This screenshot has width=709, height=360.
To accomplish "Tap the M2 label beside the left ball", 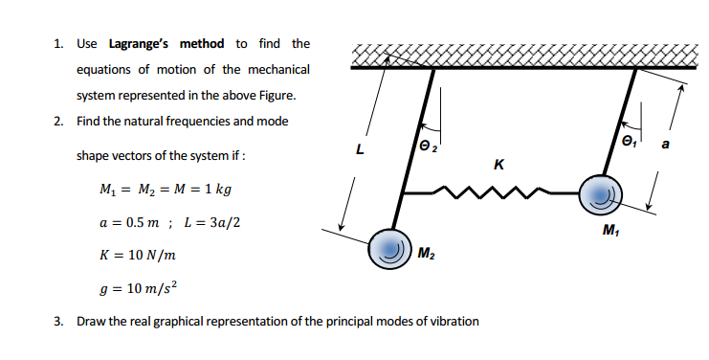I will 428,253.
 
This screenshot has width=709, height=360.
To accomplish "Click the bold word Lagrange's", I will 166,44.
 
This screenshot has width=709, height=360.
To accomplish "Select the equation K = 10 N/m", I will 137,256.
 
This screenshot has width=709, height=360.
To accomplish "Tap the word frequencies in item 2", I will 200,122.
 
